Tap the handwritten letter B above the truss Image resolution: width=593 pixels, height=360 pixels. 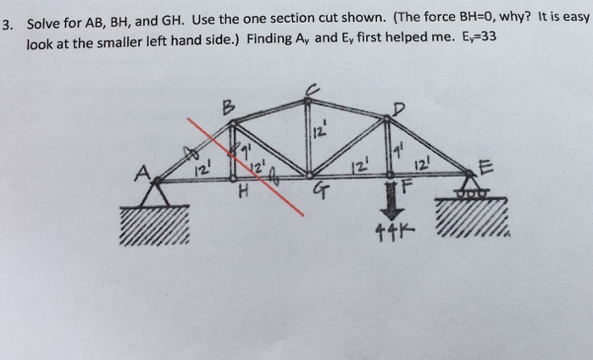click(x=226, y=108)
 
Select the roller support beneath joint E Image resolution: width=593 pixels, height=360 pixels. click(x=468, y=189)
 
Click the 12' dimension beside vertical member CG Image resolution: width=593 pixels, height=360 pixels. click(x=319, y=130)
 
